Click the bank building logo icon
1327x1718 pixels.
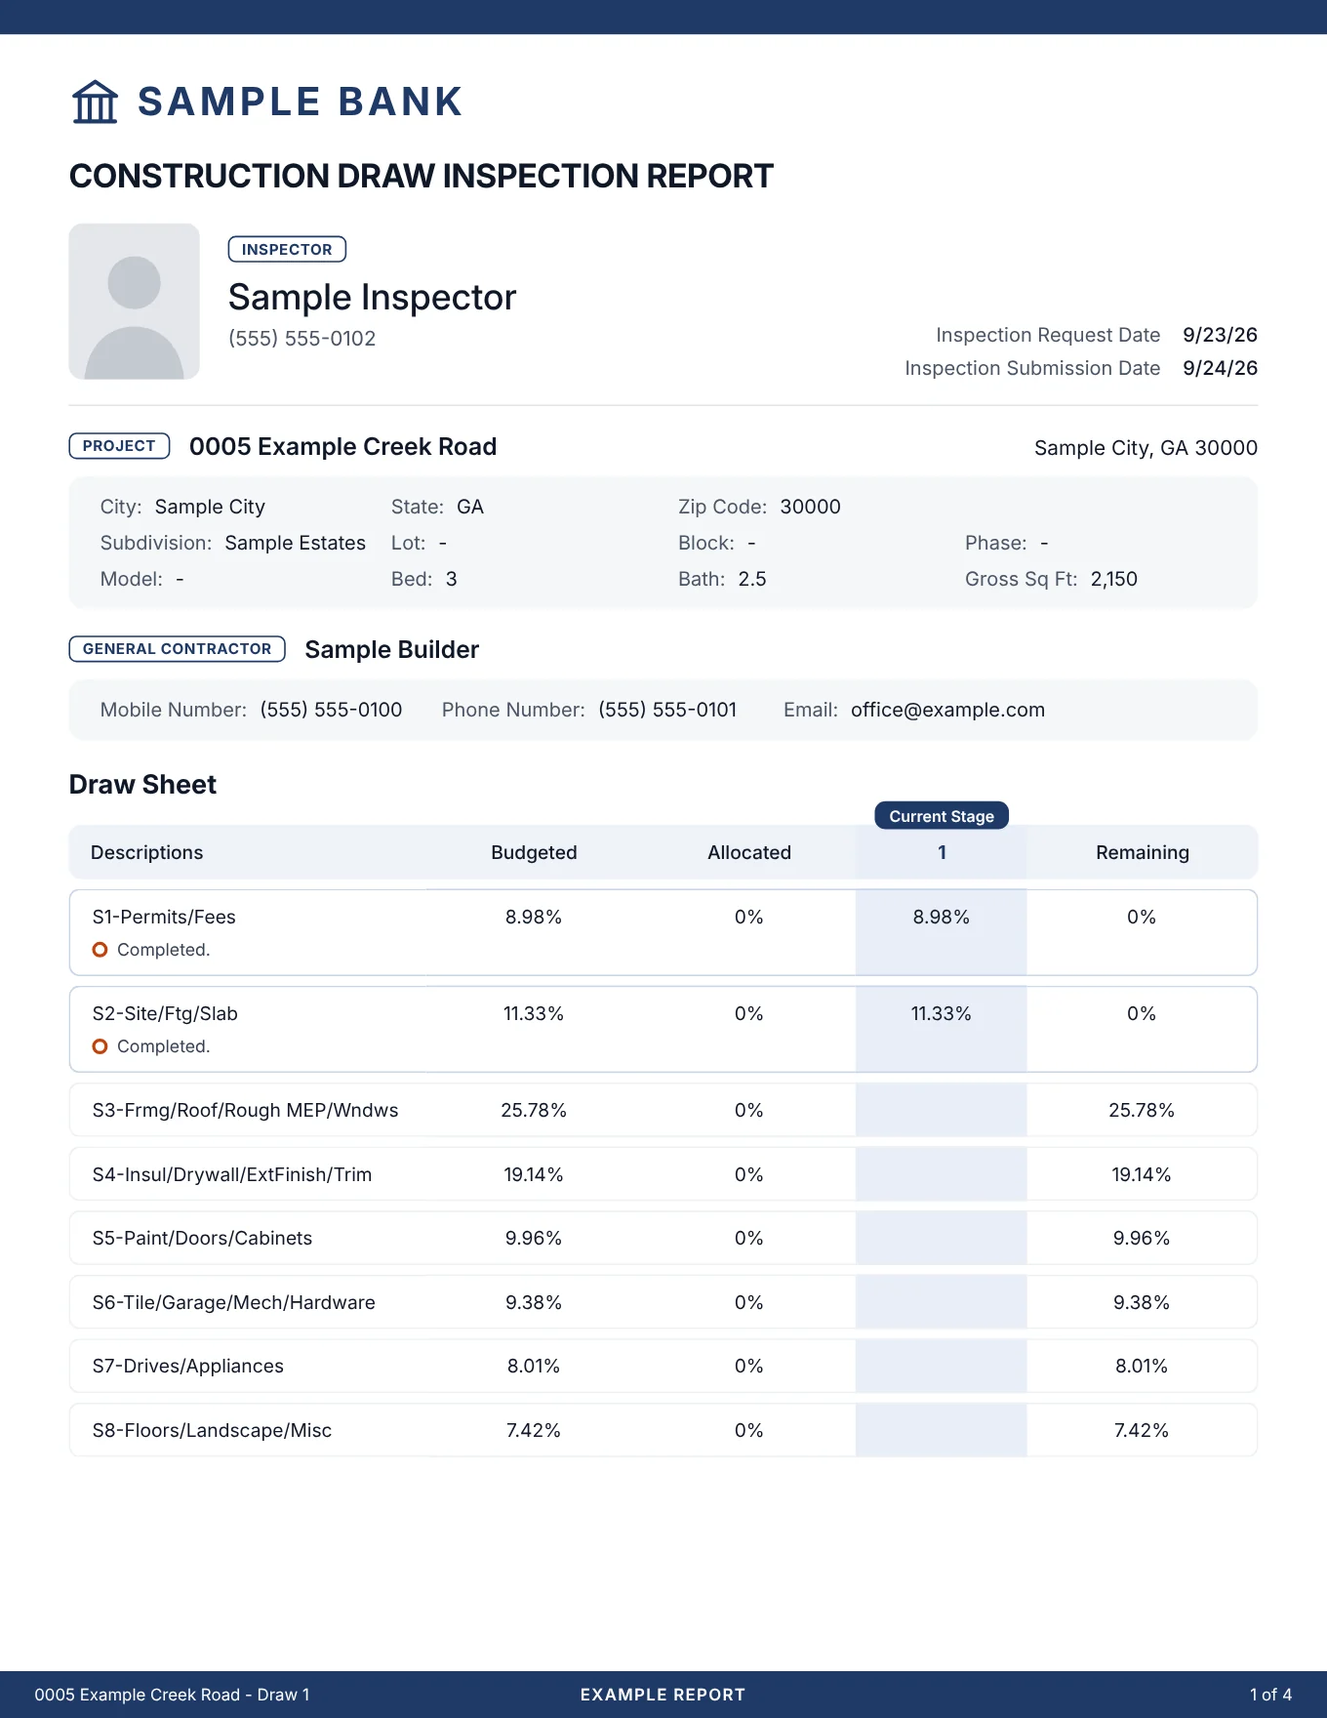(95, 102)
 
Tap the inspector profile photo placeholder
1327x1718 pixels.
(135, 302)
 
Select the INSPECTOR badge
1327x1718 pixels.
(287, 249)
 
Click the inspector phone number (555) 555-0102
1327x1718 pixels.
(302, 339)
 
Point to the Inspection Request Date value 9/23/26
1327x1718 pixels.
(1220, 335)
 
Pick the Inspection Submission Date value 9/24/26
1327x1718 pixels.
(1220, 368)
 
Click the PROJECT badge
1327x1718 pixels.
(119, 446)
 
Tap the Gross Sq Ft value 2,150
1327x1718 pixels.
(1114, 579)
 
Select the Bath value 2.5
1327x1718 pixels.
(752, 579)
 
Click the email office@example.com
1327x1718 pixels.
(947, 710)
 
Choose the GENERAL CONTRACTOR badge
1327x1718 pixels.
(177, 649)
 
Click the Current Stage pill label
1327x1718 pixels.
(942, 816)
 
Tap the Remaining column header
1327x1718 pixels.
(1143, 852)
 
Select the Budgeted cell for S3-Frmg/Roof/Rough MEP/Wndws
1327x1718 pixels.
(534, 1110)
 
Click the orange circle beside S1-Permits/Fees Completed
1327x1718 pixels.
(100, 950)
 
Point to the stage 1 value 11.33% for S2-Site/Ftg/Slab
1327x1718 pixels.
(942, 1013)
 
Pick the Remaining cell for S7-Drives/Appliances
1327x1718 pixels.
(1142, 1366)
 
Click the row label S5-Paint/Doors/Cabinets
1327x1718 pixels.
(202, 1238)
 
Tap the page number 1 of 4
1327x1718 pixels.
(1270, 1695)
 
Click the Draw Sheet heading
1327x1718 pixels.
(142, 785)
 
